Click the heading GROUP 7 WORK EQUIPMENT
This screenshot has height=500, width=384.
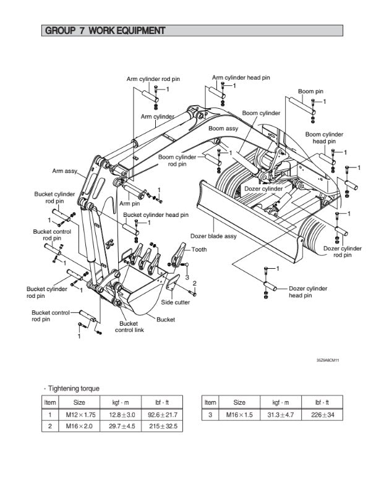[105, 30]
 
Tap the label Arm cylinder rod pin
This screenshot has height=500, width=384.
[153, 79]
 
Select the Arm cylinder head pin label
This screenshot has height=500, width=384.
[241, 78]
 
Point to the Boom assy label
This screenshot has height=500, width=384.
[223, 129]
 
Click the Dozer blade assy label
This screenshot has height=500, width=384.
[213, 235]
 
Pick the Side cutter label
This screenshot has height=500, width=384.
[176, 302]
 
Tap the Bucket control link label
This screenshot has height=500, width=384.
[129, 326]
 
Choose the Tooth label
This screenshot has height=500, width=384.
[199, 250]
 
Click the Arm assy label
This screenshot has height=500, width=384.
[64, 171]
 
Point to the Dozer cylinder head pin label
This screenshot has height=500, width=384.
[308, 292]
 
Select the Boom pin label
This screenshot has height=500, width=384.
[310, 91]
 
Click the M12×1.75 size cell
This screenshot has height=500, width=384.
[79, 414]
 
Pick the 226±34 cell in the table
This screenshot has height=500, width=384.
[318, 414]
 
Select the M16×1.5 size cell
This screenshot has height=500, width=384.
[239, 414]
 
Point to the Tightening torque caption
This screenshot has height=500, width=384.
[73, 388]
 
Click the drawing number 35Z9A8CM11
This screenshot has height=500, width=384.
[327, 360]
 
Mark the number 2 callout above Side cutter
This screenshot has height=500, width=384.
[194, 283]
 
